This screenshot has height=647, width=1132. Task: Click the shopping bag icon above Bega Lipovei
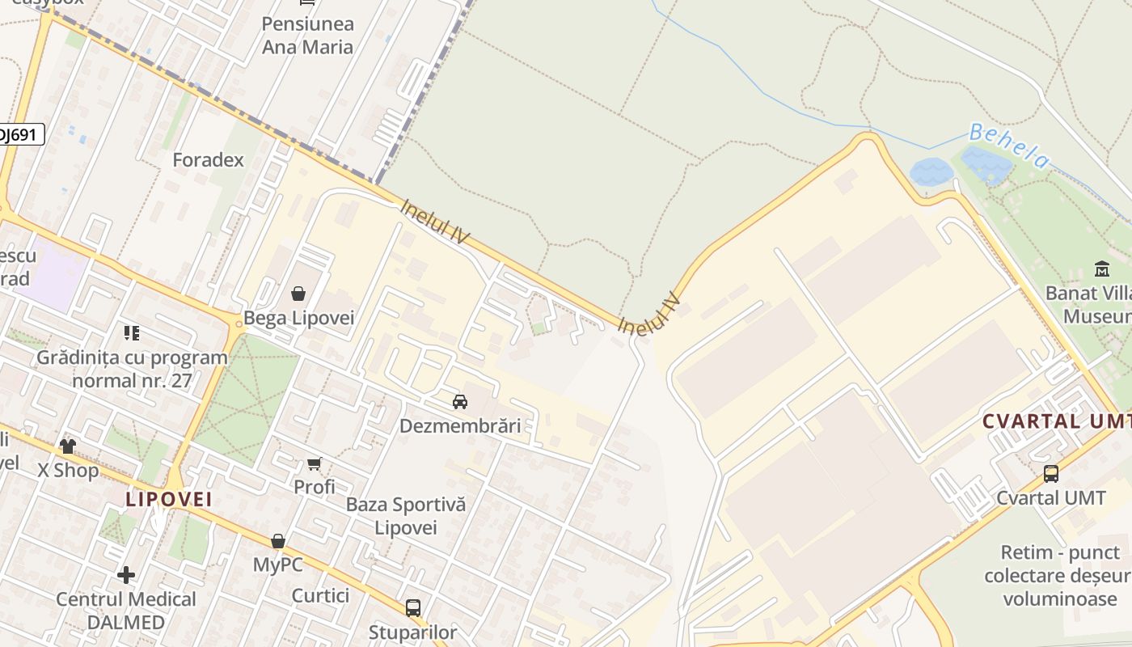pos(298,293)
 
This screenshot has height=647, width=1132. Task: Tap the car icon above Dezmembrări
pos(459,401)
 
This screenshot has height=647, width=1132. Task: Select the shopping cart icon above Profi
pos(315,463)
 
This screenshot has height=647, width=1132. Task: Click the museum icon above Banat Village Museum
pos(1101,269)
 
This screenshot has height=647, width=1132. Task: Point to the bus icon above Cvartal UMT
pos(1050,474)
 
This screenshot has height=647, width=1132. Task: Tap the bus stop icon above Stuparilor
pos(413,607)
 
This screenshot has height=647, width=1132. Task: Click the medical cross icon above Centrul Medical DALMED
pos(126,575)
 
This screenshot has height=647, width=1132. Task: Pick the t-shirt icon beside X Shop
pos(67,446)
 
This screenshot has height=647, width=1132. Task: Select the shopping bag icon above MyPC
pos(278,540)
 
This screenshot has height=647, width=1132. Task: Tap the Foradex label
pos(208,160)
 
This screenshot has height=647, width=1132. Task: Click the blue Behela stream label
pos(1008,146)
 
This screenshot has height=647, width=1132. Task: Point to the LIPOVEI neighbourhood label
pos(169,499)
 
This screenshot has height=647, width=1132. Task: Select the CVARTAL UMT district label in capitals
pos(1055,421)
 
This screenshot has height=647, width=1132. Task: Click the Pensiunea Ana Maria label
pos(307,36)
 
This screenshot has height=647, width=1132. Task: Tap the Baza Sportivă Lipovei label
pos(406,516)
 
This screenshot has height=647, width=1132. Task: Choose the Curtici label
pos(320,596)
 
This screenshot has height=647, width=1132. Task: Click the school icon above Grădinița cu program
pos(132,333)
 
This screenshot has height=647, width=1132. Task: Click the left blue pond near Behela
pos(931,171)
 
